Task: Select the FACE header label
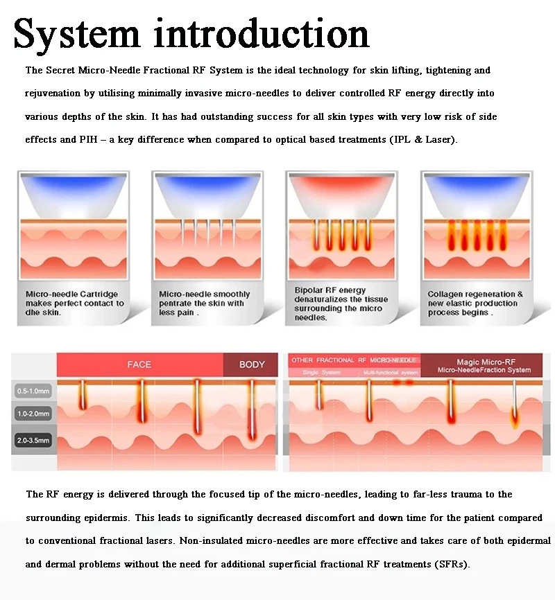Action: tap(139, 364)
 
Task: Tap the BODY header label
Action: tap(252, 364)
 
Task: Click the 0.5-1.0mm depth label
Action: tap(33, 391)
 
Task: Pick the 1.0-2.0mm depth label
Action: tap(33, 414)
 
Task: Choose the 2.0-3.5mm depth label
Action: tap(33, 440)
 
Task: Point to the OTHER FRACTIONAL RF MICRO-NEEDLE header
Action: tap(354, 360)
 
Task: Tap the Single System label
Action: tap(318, 373)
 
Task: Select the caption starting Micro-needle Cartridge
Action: tap(74, 303)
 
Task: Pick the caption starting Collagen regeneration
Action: tap(475, 303)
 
